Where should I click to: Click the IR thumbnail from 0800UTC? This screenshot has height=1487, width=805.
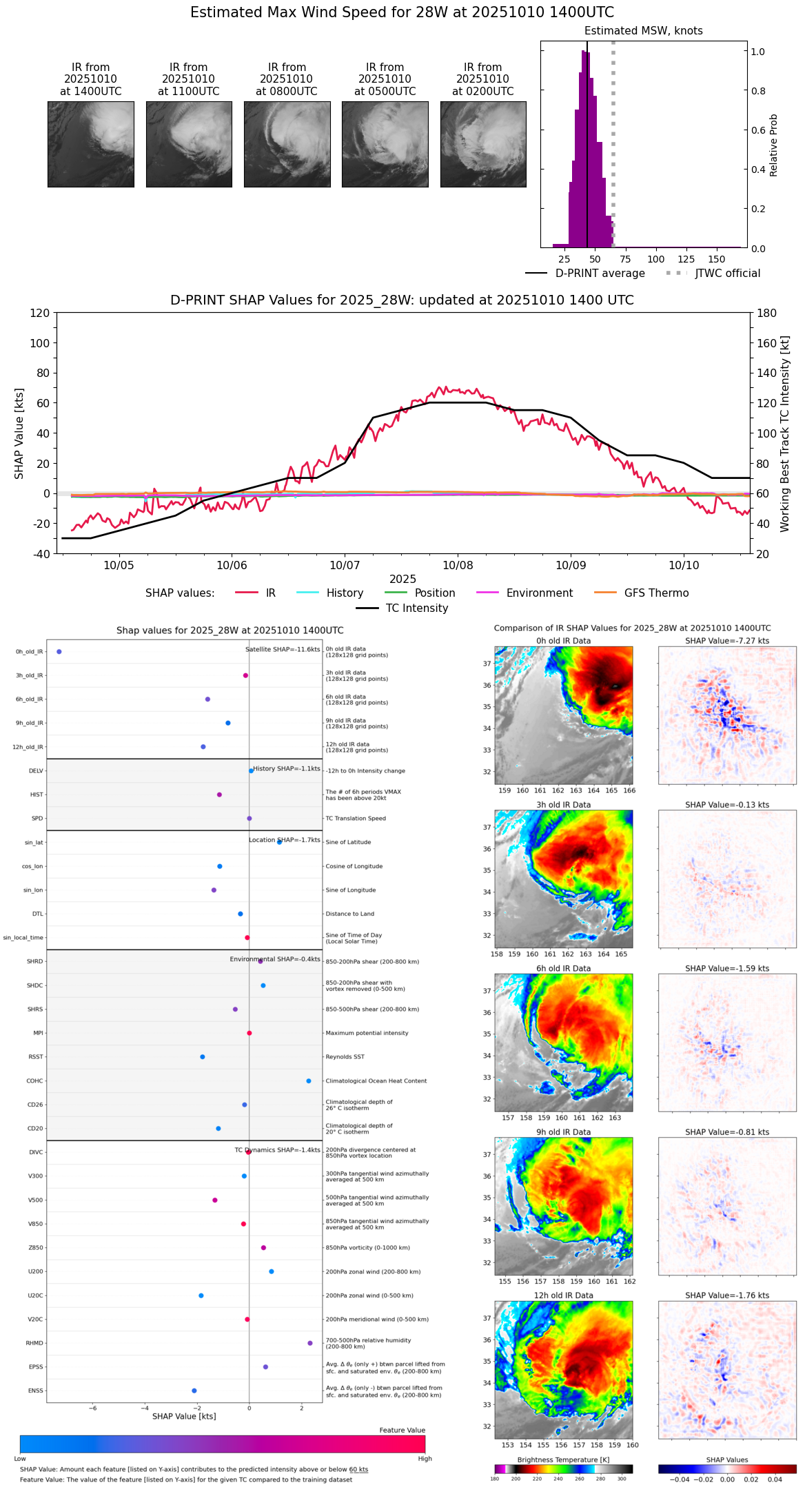click(287, 144)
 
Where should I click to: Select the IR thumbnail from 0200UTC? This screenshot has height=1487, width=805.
click(483, 144)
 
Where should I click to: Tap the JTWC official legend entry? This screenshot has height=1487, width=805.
click(727, 274)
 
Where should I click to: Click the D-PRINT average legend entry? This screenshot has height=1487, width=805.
click(600, 274)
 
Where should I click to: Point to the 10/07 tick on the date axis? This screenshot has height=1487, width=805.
click(345, 565)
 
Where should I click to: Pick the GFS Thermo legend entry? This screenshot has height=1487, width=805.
click(656, 593)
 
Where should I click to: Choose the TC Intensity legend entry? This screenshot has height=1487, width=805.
click(416, 608)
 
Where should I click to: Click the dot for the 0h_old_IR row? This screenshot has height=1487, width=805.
click(59, 652)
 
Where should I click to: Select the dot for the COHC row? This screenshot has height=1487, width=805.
click(309, 1081)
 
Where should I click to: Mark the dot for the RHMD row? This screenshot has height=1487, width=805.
click(310, 1343)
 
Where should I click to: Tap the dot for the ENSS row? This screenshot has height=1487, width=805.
click(194, 1391)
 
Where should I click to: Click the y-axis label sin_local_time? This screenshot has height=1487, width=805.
click(23, 938)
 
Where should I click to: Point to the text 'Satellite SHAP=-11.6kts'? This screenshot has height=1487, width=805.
click(283, 650)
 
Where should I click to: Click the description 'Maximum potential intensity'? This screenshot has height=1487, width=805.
click(367, 1034)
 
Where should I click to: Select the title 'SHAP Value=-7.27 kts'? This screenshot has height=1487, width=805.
click(727, 641)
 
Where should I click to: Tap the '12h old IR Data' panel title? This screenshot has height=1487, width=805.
click(563, 1295)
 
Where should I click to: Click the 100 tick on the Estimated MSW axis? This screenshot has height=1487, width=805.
click(655, 259)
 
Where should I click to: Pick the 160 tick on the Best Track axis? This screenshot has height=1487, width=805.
click(766, 343)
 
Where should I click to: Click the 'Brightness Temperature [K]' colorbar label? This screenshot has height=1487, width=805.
click(563, 1460)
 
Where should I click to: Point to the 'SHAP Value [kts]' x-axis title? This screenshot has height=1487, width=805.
click(184, 1417)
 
